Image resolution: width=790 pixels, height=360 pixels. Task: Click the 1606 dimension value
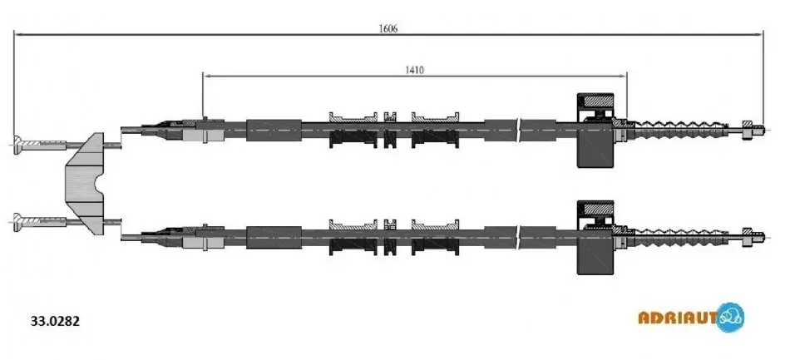388,29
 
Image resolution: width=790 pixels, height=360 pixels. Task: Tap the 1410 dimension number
415,70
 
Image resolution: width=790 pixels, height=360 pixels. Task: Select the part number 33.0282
56,321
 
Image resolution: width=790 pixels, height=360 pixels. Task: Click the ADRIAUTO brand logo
691,318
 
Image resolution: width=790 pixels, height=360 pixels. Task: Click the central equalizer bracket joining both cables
85,183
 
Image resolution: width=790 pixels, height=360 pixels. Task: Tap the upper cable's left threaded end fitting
40,144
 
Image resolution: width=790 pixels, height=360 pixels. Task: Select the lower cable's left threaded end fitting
40,221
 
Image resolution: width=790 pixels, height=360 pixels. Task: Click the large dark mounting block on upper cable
595,130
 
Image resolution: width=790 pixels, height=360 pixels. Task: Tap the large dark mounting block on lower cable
595,237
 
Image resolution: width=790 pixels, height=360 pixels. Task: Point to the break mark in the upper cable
520,130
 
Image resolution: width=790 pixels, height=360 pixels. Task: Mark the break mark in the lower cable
520,237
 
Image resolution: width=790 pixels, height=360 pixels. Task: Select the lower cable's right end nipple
753,236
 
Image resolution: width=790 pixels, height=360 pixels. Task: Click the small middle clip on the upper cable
390,130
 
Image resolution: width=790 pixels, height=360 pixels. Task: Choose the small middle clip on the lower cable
390,237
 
